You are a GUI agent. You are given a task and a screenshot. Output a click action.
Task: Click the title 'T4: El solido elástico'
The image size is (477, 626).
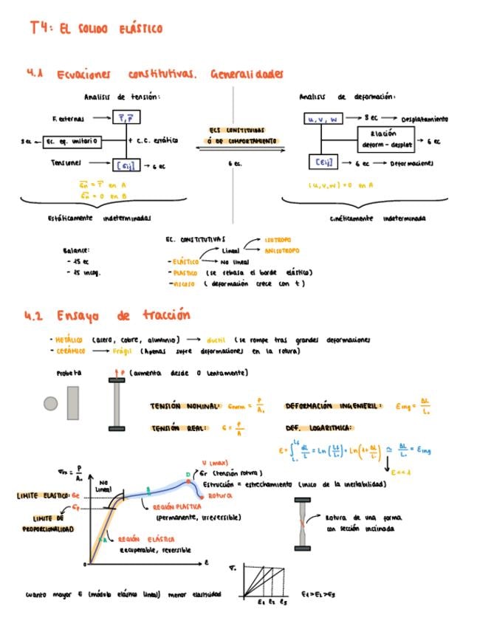(96, 29)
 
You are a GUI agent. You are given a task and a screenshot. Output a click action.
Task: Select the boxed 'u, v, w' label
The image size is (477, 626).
(323, 118)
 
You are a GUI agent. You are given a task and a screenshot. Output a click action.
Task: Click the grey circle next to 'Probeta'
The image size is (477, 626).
(50, 403)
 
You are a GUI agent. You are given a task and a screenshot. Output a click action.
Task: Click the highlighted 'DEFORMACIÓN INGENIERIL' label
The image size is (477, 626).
(332, 406)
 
